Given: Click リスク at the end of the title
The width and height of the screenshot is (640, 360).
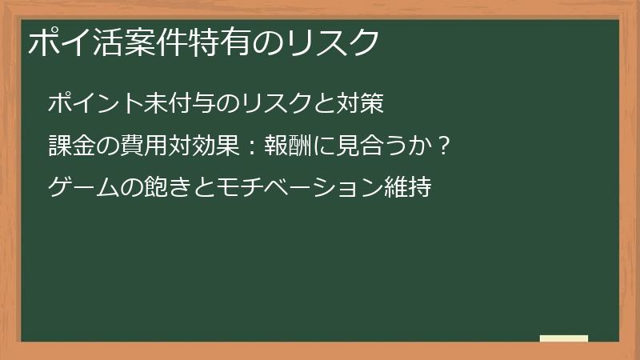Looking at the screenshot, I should (332, 42).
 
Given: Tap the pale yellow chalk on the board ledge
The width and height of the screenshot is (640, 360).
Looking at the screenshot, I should (564, 338).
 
